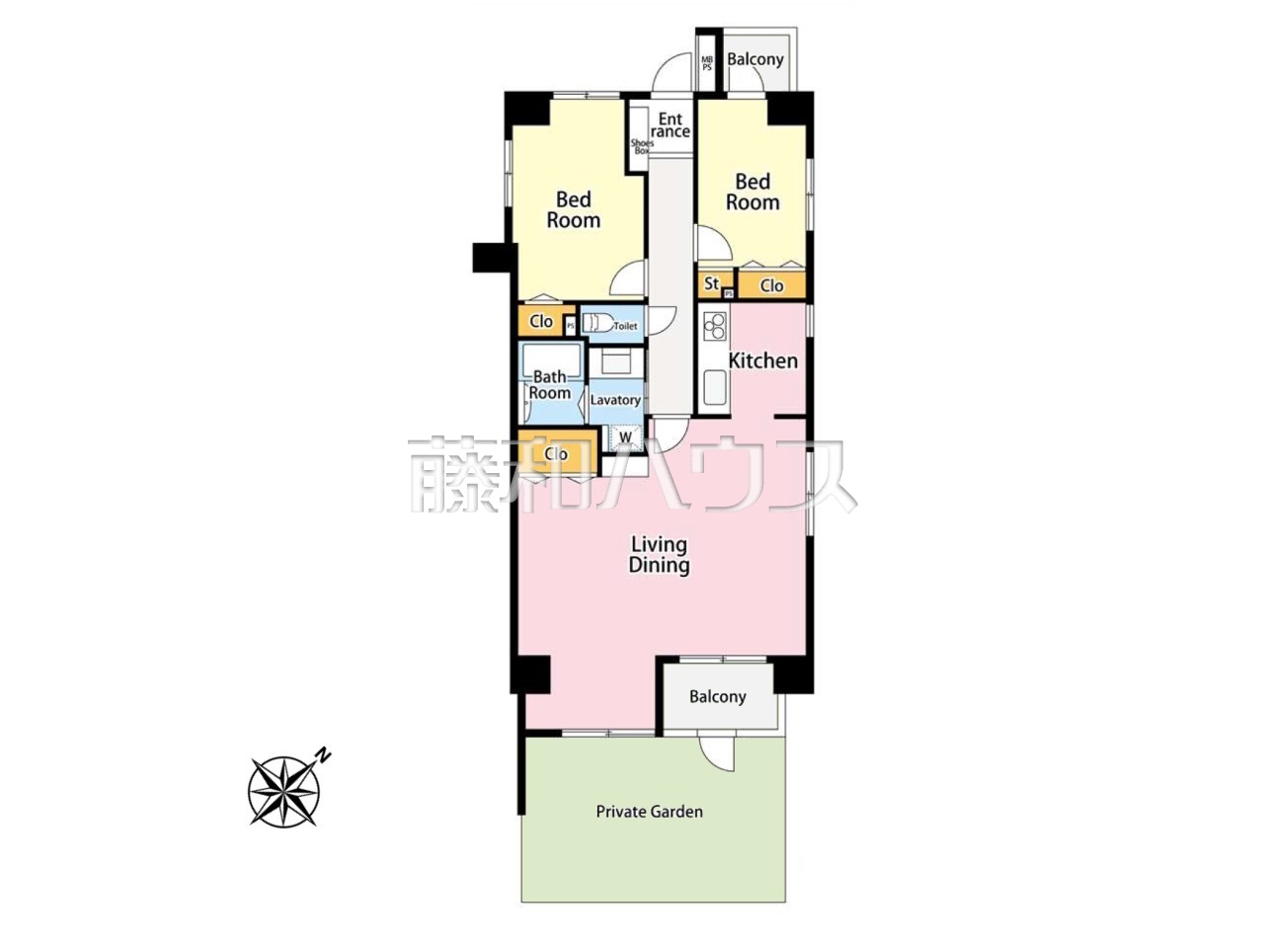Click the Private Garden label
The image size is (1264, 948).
point(649,812)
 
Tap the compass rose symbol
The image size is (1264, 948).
point(284,791)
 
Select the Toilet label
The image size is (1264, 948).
point(625,326)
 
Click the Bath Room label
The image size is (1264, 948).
point(550,385)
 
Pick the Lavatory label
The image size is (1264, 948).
point(615,400)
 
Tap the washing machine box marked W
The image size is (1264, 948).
point(625,436)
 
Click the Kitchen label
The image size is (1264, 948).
point(763,360)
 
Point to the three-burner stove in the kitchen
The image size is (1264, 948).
point(715,326)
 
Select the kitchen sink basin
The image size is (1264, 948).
point(715,387)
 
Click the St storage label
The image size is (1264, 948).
point(712,283)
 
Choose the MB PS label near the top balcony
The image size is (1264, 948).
point(707,63)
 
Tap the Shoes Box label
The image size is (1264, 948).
point(642,147)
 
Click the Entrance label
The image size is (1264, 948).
point(671,125)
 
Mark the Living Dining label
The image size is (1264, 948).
point(660,555)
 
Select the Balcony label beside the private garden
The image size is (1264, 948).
point(718,697)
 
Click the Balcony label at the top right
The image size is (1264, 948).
point(755,59)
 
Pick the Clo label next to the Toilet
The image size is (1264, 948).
point(541,321)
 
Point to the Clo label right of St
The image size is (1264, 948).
point(771,285)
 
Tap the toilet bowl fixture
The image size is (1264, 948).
point(597,324)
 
